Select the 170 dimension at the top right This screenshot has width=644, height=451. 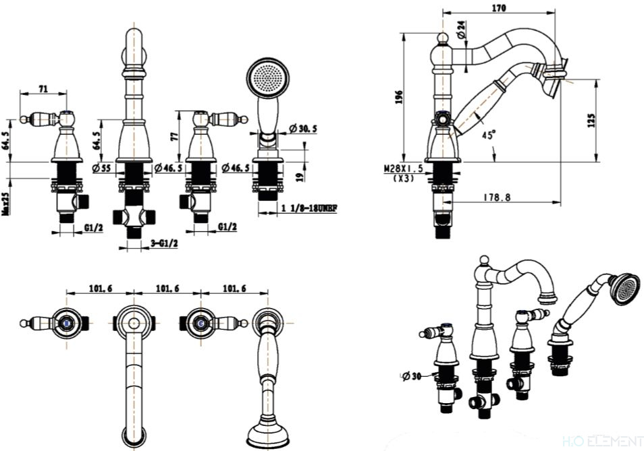point(498,9)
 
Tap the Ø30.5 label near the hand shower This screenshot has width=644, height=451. point(303,129)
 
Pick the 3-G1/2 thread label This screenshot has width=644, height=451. point(165,243)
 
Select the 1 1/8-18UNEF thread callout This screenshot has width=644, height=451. point(308,209)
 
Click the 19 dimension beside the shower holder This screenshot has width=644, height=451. point(300,177)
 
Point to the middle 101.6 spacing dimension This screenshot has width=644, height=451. point(167,288)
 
